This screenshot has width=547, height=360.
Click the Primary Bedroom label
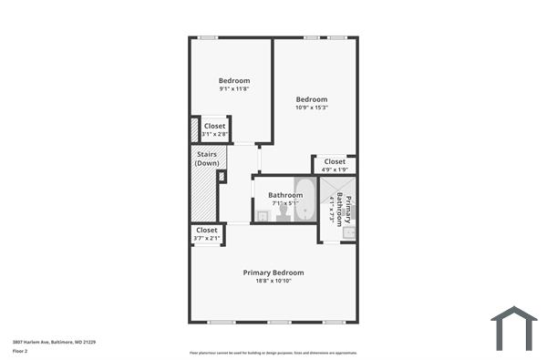(273, 273)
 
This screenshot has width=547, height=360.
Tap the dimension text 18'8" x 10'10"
(273, 282)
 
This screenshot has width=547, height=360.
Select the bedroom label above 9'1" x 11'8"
(234, 80)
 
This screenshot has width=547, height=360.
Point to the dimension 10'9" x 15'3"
(312, 108)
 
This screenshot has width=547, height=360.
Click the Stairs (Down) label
(207, 159)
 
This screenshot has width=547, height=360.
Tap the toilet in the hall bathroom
(283, 213)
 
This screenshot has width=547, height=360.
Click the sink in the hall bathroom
(262, 215)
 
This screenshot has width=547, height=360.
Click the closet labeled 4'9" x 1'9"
(335, 164)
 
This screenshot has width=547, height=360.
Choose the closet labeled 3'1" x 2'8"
(214, 129)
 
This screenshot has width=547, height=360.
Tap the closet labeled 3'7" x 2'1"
(207, 234)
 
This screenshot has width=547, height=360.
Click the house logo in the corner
(514, 328)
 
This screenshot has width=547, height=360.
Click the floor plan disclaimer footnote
(273, 352)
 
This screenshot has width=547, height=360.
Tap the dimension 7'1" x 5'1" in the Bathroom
(284, 203)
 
